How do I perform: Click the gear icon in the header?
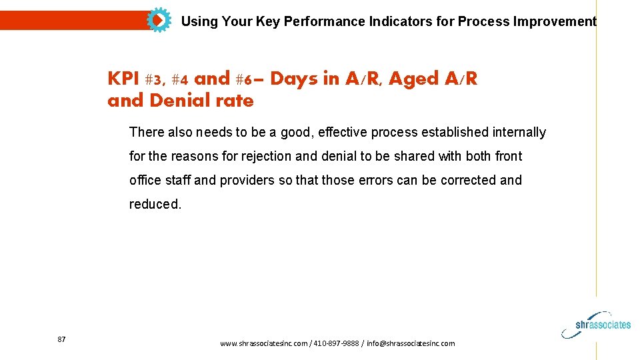pyautogui.click(x=158, y=21)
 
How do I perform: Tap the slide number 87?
pyautogui.click(x=61, y=339)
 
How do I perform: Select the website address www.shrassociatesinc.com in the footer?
pyautogui.click(x=264, y=343)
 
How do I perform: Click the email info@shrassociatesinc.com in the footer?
pyautogui.click(x=411, y=343)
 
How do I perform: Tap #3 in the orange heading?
pyautogui.click(x=154, y=79)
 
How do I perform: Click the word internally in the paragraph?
pyautogui.click(x=519, y=132)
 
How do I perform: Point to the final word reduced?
pyautogui.click(x=155, y=204)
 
